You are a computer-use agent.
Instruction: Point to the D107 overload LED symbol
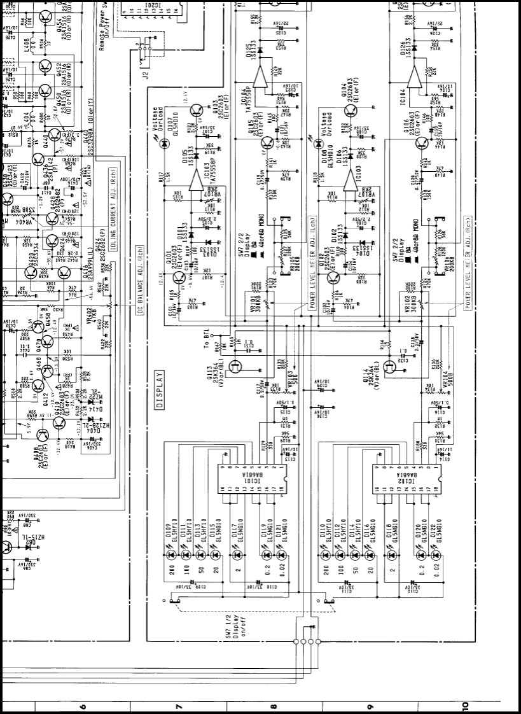pos(165,144)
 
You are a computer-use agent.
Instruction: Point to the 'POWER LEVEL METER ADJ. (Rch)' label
pos(468,262)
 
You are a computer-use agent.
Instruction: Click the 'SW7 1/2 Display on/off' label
pos(233,626)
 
